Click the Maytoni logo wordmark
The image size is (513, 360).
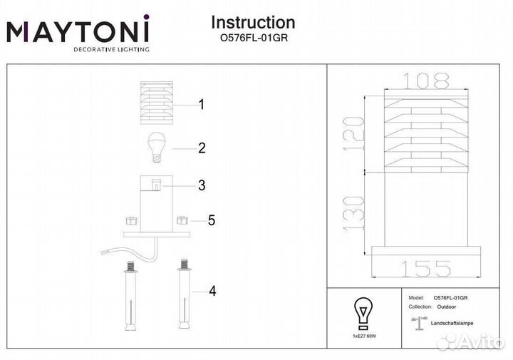(x=78, y=31)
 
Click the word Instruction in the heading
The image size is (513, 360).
(x=254, y=24)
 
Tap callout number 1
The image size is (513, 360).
(x=202, y=105)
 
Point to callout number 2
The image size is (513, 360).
(x=202, y=148)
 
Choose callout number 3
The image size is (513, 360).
(x=202, y=185)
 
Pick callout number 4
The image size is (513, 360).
(x=212, y=291)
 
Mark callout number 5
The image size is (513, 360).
(x=211, y=220)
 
